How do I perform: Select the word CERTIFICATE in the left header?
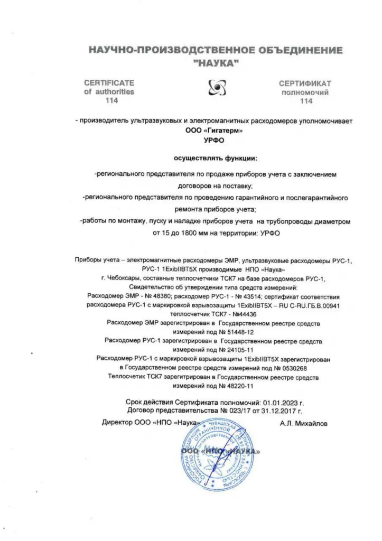click(109, 83)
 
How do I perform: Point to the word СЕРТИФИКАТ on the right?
click(305, 83)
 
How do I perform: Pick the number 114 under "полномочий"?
click(306, 100)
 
